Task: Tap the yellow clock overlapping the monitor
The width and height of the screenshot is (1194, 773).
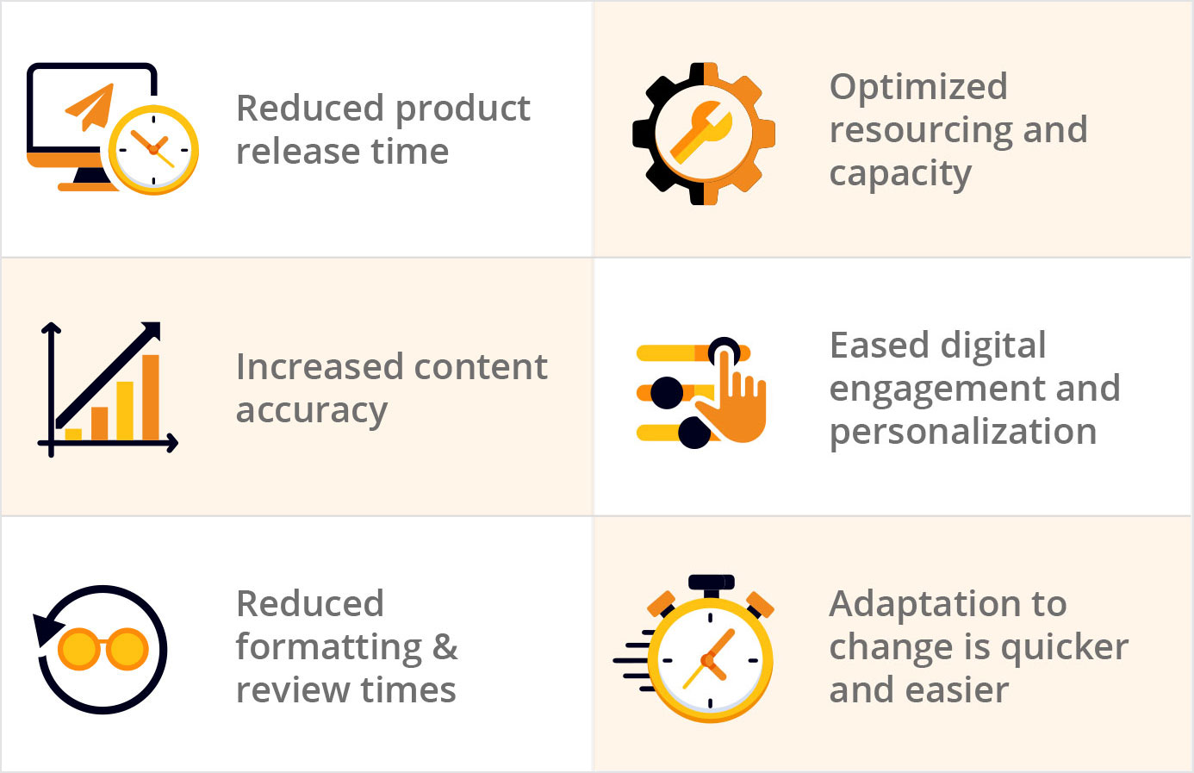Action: click(x=153, y=150)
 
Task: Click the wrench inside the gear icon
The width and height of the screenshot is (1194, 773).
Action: click(x=700, y=131)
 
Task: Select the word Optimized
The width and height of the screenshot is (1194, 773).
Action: click(x=918, y=86)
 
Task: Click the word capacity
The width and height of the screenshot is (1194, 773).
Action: click(x=900, y=174)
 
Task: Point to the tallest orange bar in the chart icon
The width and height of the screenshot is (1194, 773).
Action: click(x=151, y=397)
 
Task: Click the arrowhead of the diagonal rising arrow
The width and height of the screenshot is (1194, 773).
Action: click(x=150, y=332)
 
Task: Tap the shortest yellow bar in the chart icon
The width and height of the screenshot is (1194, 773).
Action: click(x=73, y=434)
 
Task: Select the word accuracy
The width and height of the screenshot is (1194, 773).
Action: click(x=312, y=411)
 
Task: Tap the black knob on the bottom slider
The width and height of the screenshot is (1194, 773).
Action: click(x=694, y=433)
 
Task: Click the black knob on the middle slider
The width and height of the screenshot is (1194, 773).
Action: click(x=667, y=392)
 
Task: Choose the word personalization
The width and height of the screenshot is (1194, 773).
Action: click(x=963, y=432)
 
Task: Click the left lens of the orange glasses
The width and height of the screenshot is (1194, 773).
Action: click(x=78, y=649)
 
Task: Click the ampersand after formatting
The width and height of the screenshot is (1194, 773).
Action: click(x=445, y=646)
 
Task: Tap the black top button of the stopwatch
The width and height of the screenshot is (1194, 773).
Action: click(x=711, y=583)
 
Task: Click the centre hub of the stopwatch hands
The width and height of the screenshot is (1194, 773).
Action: click(x=707, y=660)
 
